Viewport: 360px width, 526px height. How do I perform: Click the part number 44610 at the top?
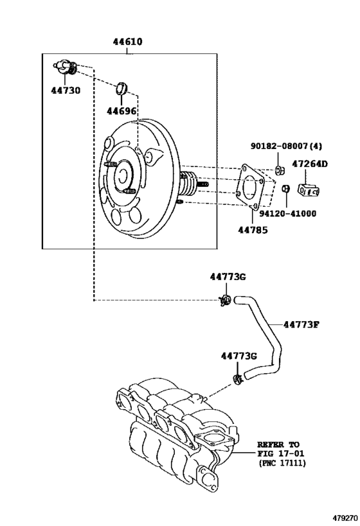(127, 42)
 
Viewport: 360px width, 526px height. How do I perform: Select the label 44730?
(66, 91)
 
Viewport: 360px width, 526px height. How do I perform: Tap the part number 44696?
(122, 110)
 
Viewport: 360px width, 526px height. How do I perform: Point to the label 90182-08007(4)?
(287, 146)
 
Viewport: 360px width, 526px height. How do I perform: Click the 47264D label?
(310, 164)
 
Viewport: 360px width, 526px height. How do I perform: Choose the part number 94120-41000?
(288, 213)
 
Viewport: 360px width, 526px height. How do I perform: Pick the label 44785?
(253, 230)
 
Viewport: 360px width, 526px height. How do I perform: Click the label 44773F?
(301, 324)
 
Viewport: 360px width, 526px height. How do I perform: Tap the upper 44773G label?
(228, 277)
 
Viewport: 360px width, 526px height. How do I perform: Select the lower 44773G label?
(239, 356)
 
